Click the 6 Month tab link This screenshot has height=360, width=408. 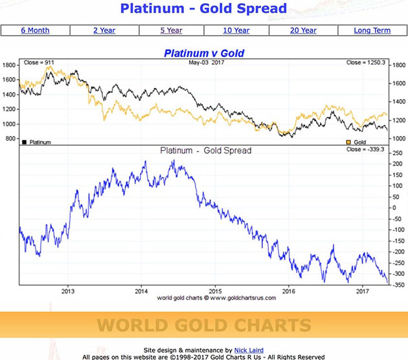point(35,30)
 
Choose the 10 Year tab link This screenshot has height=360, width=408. point(236,30)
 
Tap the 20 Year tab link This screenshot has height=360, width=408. point(303,30)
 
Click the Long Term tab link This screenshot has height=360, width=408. point(372,30)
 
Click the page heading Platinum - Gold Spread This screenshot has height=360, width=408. point(204,9)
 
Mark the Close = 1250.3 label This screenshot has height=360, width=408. point(367,63)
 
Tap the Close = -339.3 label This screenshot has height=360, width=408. point(367,150)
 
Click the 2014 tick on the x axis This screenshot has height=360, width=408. point(141,291)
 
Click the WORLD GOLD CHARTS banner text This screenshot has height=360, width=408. point(204,325)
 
